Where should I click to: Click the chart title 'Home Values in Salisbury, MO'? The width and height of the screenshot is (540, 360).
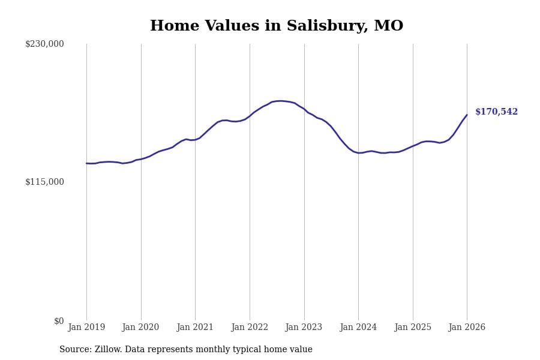[x=277, y=26]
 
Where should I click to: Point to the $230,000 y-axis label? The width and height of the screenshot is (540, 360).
[x=44, y=44]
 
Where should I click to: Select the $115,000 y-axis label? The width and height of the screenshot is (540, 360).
[x=44, y=182]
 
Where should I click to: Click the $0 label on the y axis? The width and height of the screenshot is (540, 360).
[x=58, y=321]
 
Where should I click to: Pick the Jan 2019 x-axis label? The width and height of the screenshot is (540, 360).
[x=86, y=328]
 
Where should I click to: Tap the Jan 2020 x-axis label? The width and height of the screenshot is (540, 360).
[x=140, y=328]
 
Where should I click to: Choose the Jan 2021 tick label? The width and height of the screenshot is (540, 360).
[x=195, y=328]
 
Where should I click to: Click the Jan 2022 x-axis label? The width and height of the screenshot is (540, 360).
[x=250, y=328]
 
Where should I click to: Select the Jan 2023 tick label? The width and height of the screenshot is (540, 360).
[x=304, y=328]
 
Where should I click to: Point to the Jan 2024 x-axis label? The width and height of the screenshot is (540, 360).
[x=358, y=328]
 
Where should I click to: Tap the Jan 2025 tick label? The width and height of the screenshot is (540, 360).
[x=413, y=328]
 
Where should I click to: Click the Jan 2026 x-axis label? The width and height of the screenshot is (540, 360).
[x=467, y=328]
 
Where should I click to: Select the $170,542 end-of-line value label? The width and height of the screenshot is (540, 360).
[x=496, y=112]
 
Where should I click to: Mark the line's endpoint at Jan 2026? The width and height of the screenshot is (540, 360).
[x=467, y=115]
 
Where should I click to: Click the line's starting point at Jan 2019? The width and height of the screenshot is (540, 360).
[x=86, y=163]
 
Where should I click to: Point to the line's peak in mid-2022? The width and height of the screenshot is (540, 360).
[x=280, y=101]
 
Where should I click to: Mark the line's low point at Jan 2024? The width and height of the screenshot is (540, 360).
[x=359, y=153]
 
